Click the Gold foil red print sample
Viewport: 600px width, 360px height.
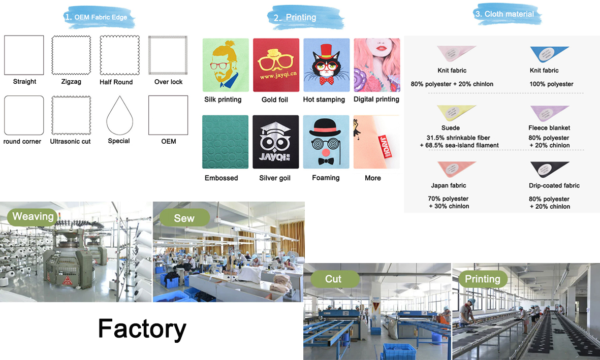pyautogui.click(x=276, y=64)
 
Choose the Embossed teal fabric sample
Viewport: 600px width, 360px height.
pyautogui.click(x=225, y=142)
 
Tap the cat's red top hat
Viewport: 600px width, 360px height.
pyautogui.click(x=326, y=51)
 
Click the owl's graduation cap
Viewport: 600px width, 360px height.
pyautogui.click(x=275, y=128)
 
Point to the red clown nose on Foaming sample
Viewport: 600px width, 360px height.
pyautogui.click(x=326, y=153)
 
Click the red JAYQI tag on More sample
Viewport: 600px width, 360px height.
pyautogui.click(x=384, y=147)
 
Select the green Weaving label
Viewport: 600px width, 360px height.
pyautogui.click(x=33, y=216)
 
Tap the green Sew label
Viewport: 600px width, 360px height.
pyautogui.click(x=184, y=218)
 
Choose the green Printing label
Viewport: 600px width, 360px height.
pyautogui.click(x=482, y=279)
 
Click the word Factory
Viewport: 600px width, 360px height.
pyautogui.click(x=142, y=328)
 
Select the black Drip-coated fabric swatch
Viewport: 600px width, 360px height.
pyautogui.click(x=548, y=169)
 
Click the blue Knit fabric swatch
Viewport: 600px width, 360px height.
pyautogui.click(x=548, y=53)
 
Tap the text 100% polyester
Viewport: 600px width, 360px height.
pyautogui.click(x=551, y=84)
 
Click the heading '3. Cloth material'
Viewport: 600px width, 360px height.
pyautogui.click(x=504, y=14)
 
